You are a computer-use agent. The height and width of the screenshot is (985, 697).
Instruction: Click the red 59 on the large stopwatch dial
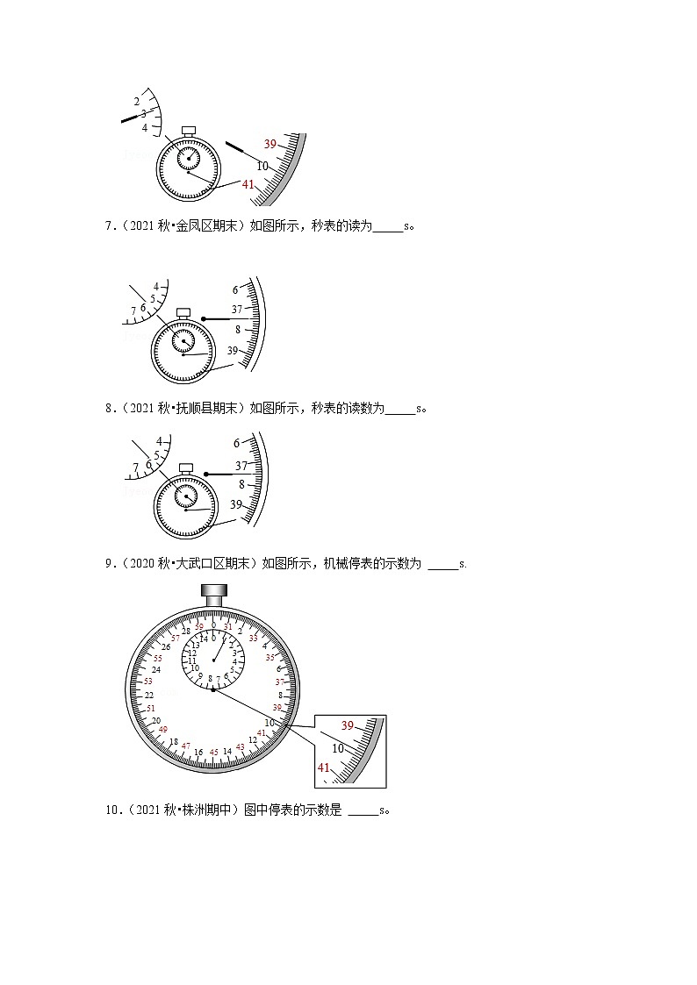pos(200,627)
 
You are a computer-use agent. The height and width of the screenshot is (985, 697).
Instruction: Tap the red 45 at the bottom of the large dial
pos(213,752)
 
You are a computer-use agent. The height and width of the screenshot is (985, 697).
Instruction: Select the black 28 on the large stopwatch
pos(186,632)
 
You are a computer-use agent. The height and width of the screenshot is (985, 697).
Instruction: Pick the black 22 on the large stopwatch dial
pos(149,695)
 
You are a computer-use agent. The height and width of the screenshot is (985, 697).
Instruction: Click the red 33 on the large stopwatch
pos(254,639)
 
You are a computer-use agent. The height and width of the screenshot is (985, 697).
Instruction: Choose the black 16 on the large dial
pos(199,752)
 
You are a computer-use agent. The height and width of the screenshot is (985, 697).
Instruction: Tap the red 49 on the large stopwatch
pos(162,729)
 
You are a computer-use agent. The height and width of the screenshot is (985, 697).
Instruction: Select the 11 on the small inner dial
pos(192,660)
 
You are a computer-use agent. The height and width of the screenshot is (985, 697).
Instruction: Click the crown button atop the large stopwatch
pos(213,593)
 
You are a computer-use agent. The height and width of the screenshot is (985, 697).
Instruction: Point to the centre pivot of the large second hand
pos(213,690)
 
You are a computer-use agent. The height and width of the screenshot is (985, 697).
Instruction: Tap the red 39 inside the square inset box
pos(347,725)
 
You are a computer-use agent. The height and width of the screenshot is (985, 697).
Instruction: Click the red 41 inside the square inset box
pos(324,767)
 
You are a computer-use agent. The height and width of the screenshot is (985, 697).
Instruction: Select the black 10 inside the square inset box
pos(337,748)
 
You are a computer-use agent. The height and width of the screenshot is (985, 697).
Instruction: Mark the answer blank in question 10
pos(363,811)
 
